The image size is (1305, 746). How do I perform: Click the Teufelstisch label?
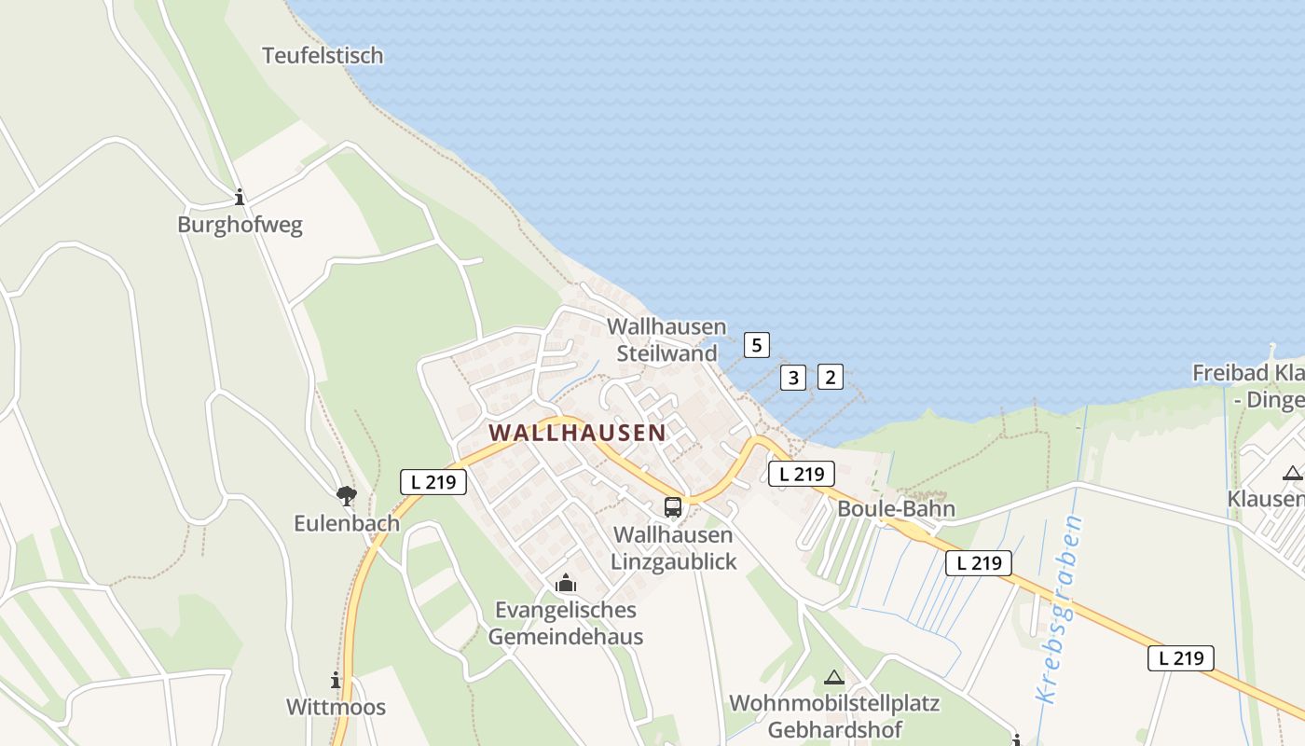pos(323,55)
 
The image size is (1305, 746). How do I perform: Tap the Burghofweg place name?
pos(240,226)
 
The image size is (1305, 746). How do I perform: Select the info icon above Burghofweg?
pos(240,197)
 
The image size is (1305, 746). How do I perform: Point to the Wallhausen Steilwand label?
pos(666,340)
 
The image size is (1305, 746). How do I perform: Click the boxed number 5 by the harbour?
pos(757,345)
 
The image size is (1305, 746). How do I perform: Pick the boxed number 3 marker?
pos(792,378)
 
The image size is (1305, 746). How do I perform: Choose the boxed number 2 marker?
pos(830,378)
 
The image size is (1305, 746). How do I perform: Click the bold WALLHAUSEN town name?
pos(578,433)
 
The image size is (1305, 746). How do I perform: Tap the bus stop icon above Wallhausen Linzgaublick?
pos(673,507)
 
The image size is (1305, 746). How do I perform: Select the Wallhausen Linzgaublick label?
pos(673,548)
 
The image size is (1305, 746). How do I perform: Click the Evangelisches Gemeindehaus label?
pos(566,623)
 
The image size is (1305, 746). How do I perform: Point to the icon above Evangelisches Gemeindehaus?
pos(565,585)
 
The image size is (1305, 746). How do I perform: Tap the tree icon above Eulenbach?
pos(347,495)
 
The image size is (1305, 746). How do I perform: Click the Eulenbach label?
pos(347,523)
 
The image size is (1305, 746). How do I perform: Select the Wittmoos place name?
pos(336,707)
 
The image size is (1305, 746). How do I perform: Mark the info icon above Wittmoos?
pos(336,680)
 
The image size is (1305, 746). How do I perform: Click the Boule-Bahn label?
pos(896,509)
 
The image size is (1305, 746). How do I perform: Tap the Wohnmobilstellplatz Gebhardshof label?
pos(834,715)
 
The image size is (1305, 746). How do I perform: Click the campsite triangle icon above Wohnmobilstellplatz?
pos(834,678)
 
